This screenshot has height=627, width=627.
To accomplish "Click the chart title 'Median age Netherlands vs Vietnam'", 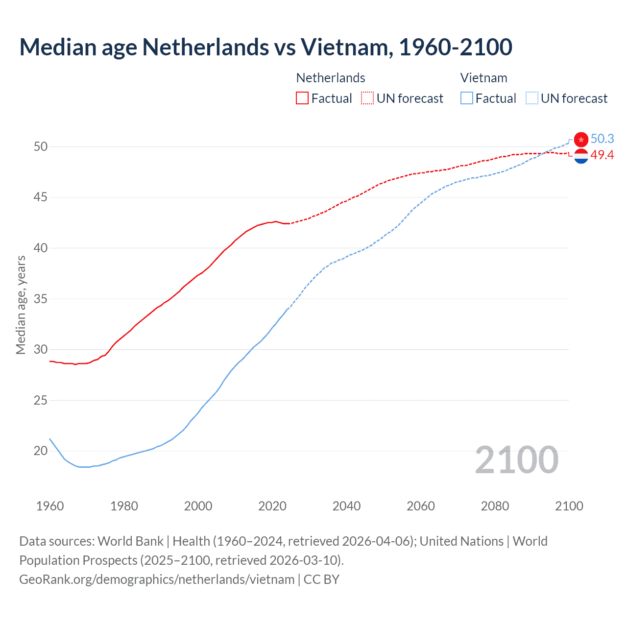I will point(265,47).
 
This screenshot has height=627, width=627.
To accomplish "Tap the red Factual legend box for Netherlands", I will point(302,98).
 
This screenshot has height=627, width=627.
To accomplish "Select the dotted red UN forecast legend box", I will point(367,98).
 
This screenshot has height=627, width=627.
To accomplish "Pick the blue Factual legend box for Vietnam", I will point(467,98).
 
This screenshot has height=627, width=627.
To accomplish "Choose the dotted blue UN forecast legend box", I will point(531,98).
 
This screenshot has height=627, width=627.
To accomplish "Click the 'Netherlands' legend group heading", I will point(331,78).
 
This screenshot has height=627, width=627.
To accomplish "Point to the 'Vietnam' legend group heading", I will point(483,78).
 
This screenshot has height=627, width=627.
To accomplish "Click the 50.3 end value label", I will point(602,139).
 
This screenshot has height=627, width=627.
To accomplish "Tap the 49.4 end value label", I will point(602,155).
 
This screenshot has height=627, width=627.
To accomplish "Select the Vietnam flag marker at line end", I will point(581,140).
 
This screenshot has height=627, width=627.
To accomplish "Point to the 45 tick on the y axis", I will point(41,197).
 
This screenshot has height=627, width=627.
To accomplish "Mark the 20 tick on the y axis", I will point(41,451).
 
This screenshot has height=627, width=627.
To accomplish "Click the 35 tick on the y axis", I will point(41,299).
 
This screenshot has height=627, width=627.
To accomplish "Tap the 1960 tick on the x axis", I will point(50,506).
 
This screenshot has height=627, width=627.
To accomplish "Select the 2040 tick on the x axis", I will point(346,506).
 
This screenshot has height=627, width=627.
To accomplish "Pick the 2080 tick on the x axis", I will point(495,506).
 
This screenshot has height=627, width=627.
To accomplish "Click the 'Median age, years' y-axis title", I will point(21,305).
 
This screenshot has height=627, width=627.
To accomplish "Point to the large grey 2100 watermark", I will point(516,460).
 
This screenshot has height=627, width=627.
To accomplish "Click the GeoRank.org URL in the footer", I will point(157,579).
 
